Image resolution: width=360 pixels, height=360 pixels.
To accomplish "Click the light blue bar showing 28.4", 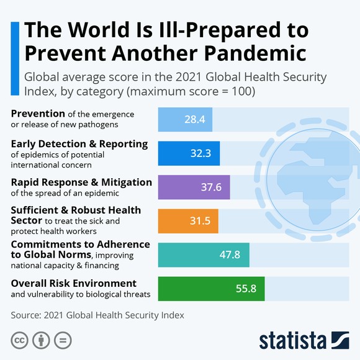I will click(186, 119).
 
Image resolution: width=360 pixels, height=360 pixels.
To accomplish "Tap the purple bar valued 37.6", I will click(194, 187).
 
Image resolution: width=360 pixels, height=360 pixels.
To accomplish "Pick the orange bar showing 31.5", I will click(189, 221).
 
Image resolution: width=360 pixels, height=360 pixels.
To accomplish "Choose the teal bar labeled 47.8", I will click(204, 254).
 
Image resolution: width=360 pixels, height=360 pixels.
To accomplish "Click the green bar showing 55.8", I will click(211, 289).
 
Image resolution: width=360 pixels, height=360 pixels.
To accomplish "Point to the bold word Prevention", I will click(38, 114).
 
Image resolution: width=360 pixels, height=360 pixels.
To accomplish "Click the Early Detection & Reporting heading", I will click(79, 144).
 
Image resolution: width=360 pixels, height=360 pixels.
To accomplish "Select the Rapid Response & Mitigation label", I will click(81, 182).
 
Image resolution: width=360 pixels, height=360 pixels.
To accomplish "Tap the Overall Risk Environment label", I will click(73, 283).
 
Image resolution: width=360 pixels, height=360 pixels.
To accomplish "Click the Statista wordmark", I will click(292, 341).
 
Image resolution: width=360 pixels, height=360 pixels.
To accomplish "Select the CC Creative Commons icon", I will click(20, 341).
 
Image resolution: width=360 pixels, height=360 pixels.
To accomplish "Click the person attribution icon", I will click(41, 341).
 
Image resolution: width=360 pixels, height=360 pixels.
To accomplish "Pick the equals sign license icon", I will click(62, 341).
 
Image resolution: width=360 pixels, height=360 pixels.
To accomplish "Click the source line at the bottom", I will click(97, 315).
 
